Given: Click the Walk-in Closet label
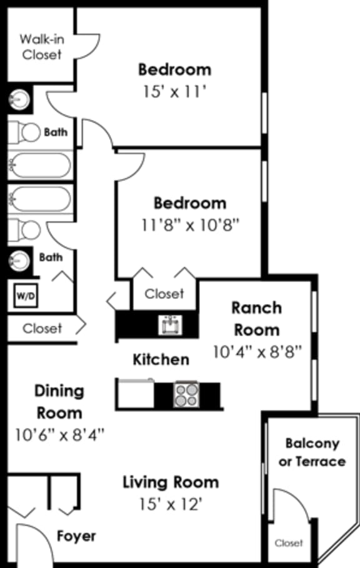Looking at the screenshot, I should (42, 47).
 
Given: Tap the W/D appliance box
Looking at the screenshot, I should (26, 295).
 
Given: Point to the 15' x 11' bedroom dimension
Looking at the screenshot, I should (174, 92).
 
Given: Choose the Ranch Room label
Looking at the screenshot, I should (256, 318).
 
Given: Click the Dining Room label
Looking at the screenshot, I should (59, 402).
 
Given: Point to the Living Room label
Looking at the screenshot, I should (171, 482).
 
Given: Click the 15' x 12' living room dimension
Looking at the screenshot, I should (171, 504).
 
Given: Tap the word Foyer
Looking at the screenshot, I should (76, 536).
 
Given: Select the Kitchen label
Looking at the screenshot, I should (161, 360).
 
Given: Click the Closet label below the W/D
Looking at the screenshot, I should (42, 328).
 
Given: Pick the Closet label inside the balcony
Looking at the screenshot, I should (289, 543).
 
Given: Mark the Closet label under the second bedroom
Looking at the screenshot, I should (164, 293).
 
